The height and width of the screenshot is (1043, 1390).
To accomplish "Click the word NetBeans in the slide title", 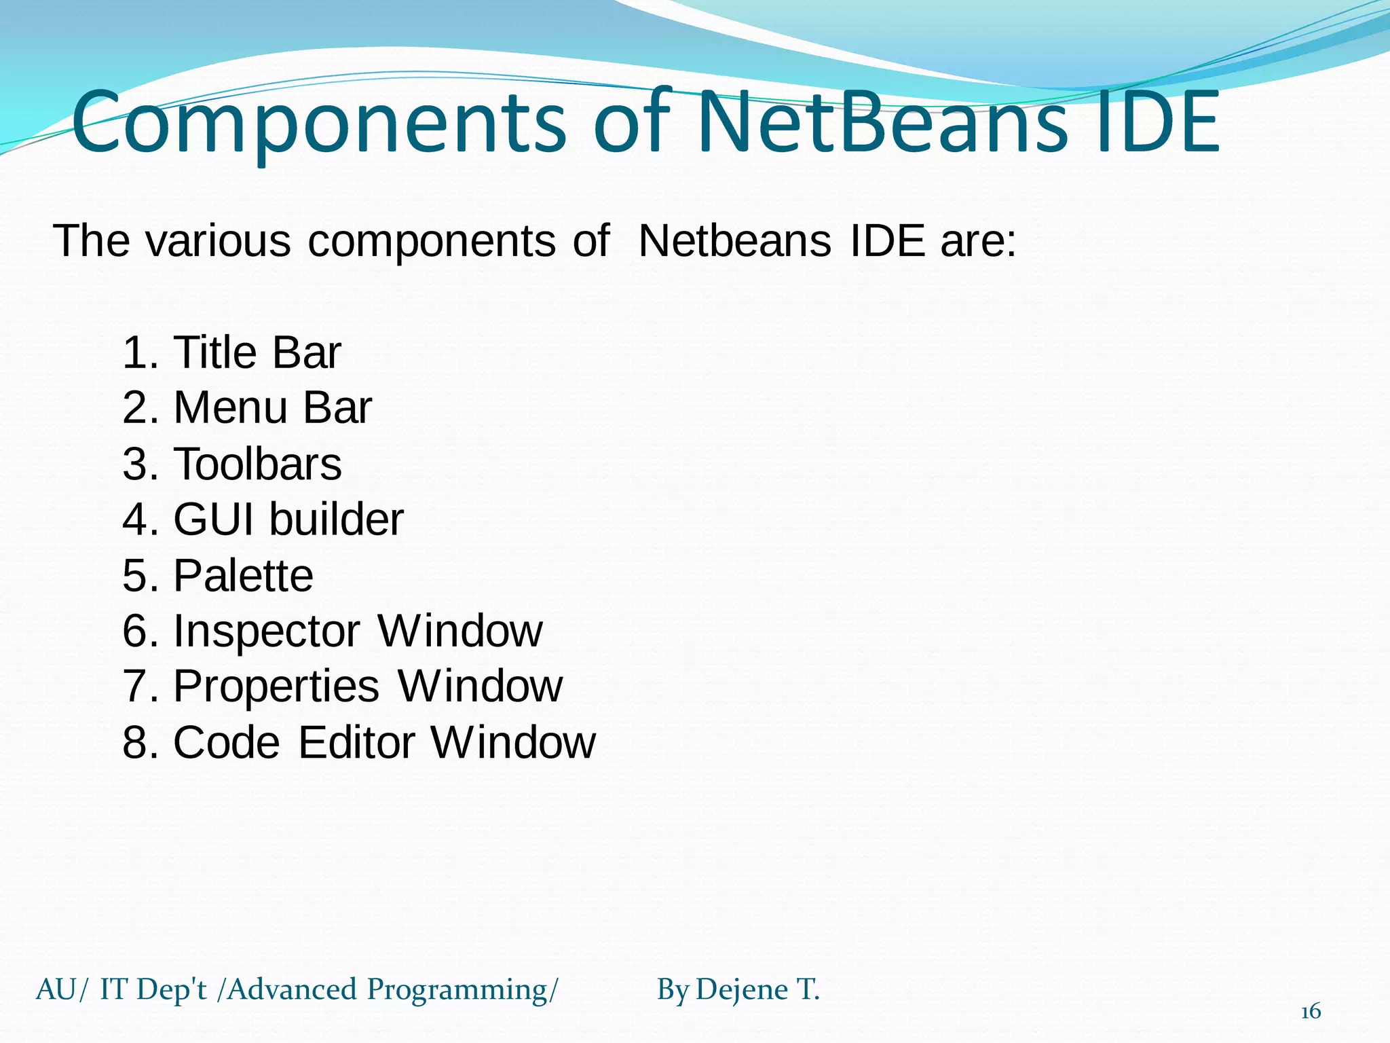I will tap(882, 122).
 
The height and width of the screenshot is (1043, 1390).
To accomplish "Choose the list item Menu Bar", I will tap(272, 408).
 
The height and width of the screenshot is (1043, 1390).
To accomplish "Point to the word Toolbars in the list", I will tap(257, 464).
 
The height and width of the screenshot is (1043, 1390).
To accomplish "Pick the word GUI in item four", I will tap(215, 519).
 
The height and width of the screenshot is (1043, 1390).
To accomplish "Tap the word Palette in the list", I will tap(243, 576).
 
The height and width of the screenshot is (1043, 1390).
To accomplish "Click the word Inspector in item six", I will tap(267, 632).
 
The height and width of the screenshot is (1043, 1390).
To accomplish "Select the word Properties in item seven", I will tap(276, 687).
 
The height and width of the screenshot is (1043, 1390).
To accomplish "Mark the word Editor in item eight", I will tap(356, 742).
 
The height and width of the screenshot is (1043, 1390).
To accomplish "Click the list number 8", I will tap(135, 742).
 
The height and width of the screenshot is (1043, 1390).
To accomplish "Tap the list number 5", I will tap(135, 576).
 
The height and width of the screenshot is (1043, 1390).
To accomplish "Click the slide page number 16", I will tap(1311, 1012).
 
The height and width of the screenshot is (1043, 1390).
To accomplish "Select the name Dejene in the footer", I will tap(742, 990).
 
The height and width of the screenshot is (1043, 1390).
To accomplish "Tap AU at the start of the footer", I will tap(56, 990).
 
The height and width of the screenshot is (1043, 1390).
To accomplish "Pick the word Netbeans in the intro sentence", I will tap(734, 240).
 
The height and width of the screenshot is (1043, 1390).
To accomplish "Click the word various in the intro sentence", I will tap(219, 240).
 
